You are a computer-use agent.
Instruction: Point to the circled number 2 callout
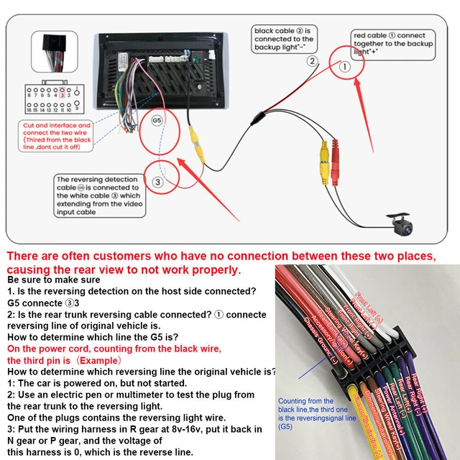pyautogui.click(x=312, y=61)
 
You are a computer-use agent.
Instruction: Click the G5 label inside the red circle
pyautogui.click(x=157, y=120)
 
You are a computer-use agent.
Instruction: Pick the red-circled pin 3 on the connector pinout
pyautogui.click(x=63, y=94)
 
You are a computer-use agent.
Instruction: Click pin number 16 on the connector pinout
pyautogui.click(x=28, y=110)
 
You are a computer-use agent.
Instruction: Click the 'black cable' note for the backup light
pyautogui.click(x=283, y=39)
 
